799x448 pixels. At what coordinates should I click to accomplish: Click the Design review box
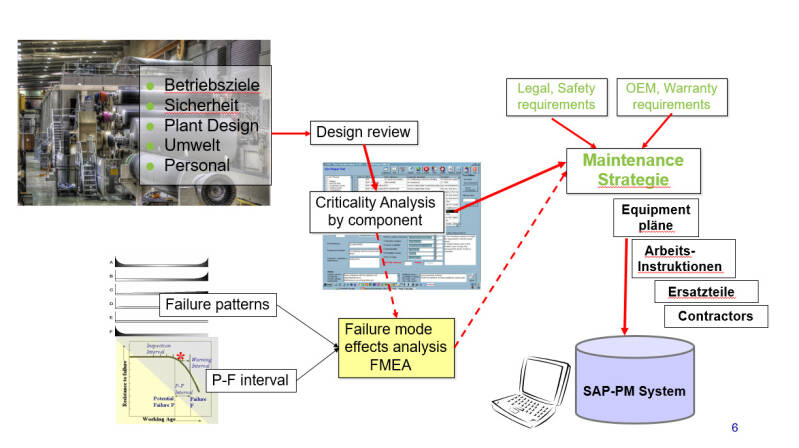coord(362,132)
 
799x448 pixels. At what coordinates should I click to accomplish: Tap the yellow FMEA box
coord(395,346)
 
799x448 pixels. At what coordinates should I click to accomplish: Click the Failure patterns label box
coord(216,304)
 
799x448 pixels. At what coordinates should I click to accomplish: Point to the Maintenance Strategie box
coord(640,169)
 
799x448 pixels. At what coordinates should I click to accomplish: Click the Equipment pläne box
coord(655,218)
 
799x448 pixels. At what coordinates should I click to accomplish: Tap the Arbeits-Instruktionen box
coord(684,259)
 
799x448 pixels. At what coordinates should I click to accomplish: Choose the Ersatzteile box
coord(706,291)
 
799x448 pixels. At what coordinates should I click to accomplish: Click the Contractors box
coord(716,316)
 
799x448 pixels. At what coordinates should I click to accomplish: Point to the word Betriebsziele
coord(212,85)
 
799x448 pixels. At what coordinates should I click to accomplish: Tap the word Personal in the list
coord(197,165)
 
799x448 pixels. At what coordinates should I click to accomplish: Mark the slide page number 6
coord(735,427)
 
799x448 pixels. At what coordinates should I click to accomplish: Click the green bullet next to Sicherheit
coord(151,106)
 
